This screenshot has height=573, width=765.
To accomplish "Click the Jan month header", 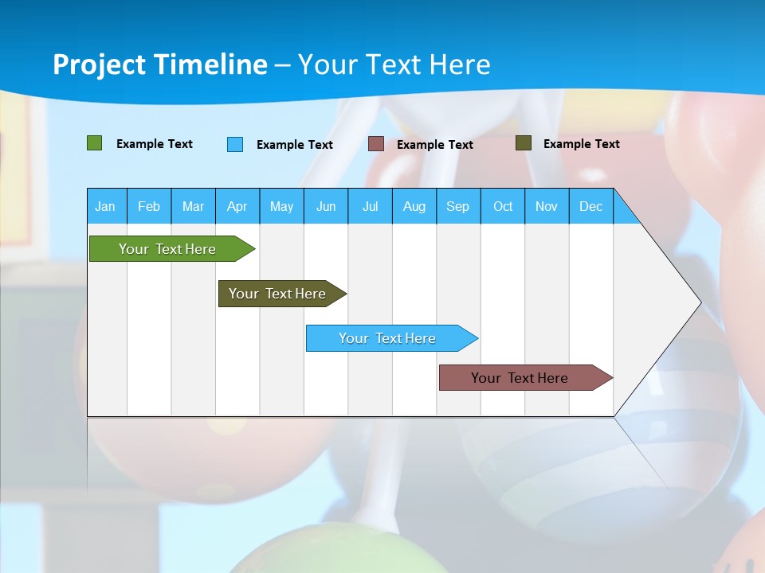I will [105, 206].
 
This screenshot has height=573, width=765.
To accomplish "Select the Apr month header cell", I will [237, 206].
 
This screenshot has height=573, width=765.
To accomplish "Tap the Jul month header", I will [370, 206].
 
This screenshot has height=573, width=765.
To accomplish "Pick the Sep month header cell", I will [458, 206].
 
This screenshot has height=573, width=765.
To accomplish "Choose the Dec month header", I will [590, 206].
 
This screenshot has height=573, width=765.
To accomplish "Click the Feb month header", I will [149, 206].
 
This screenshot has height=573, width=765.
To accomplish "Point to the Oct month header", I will [503, 206].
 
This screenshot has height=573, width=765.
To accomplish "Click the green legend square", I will [95, 143].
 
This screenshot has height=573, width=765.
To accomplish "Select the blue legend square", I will [235, 144].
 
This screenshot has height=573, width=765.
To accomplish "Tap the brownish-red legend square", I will [376, 144].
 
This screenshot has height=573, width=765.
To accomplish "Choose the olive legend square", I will [524, 143].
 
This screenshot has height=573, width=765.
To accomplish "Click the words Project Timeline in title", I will [160, 64].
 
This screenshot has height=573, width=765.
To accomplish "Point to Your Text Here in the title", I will [394, 64].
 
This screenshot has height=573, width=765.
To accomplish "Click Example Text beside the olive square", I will [581, 144].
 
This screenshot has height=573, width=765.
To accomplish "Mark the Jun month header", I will [326, 206].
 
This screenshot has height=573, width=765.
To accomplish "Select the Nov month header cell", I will [547, 206].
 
